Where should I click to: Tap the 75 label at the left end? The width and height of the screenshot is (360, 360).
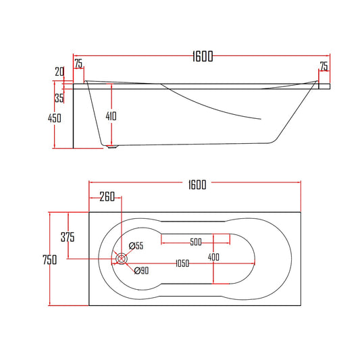pos(78,65)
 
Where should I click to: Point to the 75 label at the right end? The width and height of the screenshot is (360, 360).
pos(324,66)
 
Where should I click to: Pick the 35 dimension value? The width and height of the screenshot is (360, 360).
pos(59,99)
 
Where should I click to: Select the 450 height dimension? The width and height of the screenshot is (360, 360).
pos(55,118)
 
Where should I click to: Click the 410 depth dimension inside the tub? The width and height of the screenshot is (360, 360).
pos(111,116)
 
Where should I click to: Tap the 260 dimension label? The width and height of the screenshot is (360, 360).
pos(106,197)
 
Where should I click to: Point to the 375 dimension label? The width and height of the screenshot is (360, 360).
pos(67,237)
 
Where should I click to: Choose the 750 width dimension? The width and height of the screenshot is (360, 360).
pos(49,259)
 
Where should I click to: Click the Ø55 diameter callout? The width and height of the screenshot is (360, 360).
pos(136,247)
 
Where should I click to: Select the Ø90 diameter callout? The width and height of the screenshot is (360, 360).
pos(141,271)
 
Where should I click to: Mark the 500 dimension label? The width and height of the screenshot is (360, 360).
pos(196,242)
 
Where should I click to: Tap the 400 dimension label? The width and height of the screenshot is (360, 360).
pos(214,257)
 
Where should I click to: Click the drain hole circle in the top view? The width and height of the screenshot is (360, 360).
pos(122,258)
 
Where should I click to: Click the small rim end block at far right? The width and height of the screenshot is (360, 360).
pos(324,86)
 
